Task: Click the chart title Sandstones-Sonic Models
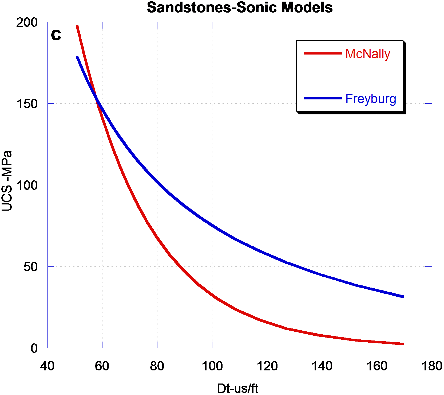(240, 7)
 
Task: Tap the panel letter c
(56, 34)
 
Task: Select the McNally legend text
(367, 54)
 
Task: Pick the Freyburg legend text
(371, 99)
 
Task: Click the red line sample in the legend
(323, 53)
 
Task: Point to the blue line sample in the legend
(323, 98)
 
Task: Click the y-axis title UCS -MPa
(7, 181)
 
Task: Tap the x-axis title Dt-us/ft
(237, 388)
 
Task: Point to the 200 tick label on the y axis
(27, 22)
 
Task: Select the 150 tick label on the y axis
(27, 104)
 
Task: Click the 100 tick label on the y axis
(27, 185)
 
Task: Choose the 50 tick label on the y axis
(31, 267)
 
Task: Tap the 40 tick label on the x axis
(47, 366)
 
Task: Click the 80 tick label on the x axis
(157, 366)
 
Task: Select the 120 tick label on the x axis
(267, 366)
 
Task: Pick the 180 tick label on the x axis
(432, 366)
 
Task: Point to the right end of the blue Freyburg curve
(402, 296)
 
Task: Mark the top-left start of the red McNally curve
(77, 26)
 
